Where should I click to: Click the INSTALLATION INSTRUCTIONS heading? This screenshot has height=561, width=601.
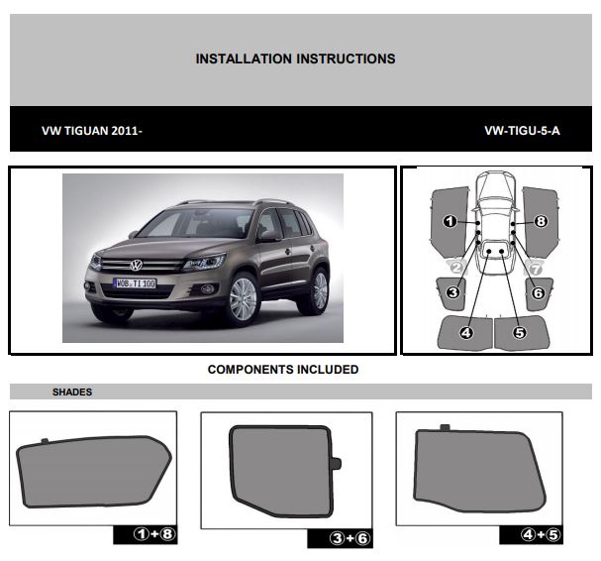(x=295, y=58)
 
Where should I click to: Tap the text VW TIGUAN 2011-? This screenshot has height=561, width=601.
(x=92, y=131)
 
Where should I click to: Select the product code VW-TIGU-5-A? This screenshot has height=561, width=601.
(x=522, y=131)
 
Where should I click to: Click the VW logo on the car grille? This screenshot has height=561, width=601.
(x=136, y=265)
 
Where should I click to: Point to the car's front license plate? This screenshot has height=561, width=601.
(x=135, y=283)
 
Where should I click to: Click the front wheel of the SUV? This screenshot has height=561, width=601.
(x=243, y=299)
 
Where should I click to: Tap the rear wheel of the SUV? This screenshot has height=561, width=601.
(x=319, y=290)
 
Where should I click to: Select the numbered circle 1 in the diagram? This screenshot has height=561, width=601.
(x=450, y=221)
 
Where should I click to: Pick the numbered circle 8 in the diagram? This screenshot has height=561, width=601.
(x=541, y=221)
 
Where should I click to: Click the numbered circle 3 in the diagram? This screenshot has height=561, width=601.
(x=453, y=292)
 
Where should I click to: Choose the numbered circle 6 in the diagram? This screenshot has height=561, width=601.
(x=539, y=293)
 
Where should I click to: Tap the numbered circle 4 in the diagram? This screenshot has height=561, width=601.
(x=466, y=333)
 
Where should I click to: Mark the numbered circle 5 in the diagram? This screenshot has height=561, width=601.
(x=520, y=333)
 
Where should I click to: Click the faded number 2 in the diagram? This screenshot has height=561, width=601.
(x=456, y=268)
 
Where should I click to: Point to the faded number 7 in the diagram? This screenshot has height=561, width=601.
(x=535, y=269)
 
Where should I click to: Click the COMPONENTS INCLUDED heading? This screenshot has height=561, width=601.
(x=283, y=369)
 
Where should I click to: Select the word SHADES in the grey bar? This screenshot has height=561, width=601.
(x=72, y=392)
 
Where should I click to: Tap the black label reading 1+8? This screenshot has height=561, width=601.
(x=146, y=534)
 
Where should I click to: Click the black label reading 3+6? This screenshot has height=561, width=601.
(x=340, y=538)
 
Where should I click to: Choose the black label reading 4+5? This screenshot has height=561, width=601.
(x=532, y=534)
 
